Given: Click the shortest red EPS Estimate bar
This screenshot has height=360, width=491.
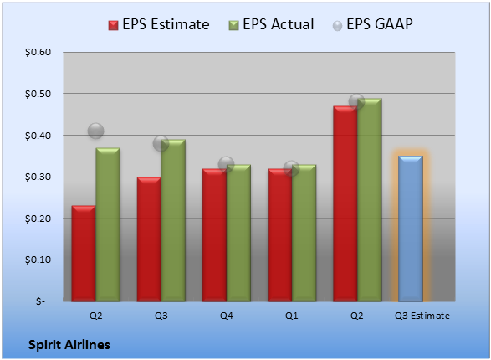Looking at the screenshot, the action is tap(84, 253).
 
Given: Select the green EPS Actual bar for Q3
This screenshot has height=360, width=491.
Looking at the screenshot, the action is tap(173, 220).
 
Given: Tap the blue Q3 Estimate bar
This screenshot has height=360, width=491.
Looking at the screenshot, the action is tap(411, 229).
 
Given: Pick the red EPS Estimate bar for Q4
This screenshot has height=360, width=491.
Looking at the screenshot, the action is tap(214, 235).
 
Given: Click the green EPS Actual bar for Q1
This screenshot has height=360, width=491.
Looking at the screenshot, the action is tap(304, 233).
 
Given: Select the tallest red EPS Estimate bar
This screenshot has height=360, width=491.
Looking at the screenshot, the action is tap(345, 203).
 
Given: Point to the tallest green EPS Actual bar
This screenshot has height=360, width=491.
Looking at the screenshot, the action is tap(370, 199).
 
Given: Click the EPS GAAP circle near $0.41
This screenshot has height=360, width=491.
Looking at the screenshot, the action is tap(96, 131).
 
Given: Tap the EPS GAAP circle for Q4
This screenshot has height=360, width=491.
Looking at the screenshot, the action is tap(226, 164).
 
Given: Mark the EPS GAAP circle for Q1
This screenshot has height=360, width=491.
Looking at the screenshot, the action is tap(292, 168).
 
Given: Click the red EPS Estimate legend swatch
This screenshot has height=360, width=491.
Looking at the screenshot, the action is tap(114, 25).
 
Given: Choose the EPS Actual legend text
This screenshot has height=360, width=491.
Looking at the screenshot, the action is tap(278, 24).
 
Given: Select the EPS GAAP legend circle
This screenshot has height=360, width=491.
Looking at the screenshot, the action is tap(337, 26).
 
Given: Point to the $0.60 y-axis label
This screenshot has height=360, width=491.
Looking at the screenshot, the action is tap(38, 52).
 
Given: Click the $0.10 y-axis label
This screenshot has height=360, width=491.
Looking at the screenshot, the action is tap(38, 260).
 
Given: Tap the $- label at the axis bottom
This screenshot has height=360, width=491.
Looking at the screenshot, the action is tap(40, 301).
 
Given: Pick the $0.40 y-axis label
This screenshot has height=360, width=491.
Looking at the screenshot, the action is tap(38, 136).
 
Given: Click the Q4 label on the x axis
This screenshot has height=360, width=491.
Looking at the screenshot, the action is tap(227, 316).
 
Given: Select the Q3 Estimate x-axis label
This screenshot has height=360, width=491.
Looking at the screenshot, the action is tap(422, 316).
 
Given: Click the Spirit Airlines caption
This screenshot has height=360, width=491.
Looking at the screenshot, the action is tap(69, 345).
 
